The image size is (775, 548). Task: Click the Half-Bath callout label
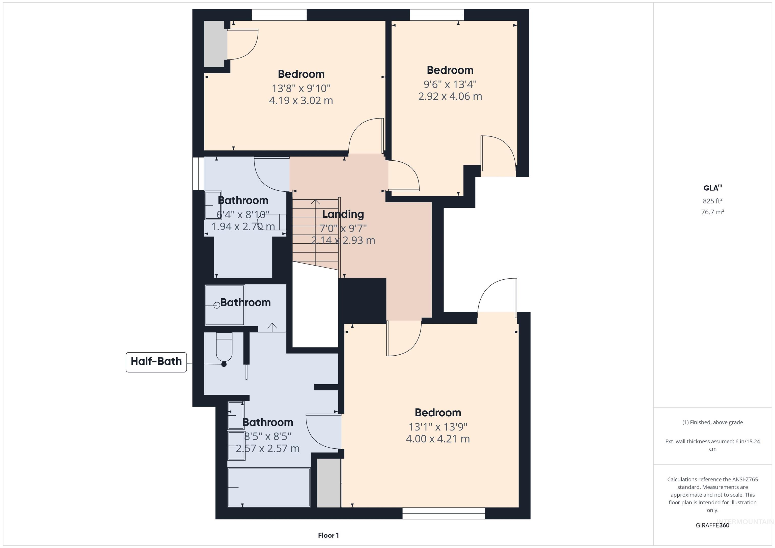(156, 362)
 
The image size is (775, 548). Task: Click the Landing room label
(343, 214)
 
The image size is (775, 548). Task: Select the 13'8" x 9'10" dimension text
(301, 89)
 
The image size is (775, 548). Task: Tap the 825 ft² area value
(712, 201)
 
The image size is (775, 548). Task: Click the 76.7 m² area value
(712, 212)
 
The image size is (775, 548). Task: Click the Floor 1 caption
(328, 535)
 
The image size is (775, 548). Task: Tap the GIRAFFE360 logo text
(712, 525)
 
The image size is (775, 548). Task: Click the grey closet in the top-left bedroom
(215, 44)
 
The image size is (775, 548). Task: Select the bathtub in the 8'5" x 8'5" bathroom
(269, 487)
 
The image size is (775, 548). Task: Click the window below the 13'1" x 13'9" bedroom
(444, 513)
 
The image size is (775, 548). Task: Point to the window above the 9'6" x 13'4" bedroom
(436, 15)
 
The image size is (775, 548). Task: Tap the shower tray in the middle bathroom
(225, 305)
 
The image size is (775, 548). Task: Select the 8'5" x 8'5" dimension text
(267, 437)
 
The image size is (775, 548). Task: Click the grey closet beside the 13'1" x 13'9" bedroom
(328, 482)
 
